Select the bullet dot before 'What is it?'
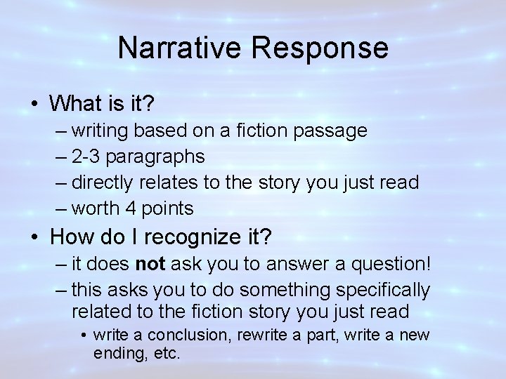point(34,105)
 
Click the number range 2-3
point(87,157)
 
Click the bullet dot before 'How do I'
point(34,238)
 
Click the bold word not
point(149,264)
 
